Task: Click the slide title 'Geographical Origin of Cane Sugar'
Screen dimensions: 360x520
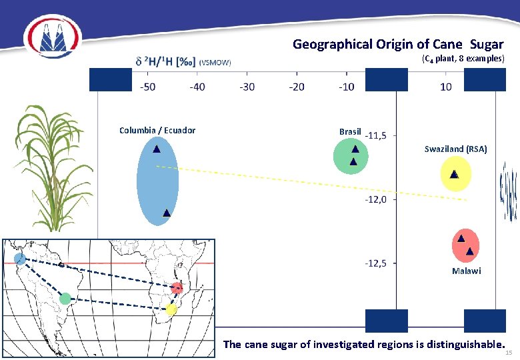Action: point(398,45)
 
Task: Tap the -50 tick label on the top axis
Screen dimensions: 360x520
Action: point(147,87)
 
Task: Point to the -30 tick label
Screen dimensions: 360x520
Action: point(247,87)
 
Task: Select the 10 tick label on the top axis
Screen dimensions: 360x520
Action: point(445,87)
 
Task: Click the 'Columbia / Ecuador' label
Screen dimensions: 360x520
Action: point(157,130)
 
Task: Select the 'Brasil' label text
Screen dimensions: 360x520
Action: point(350,131)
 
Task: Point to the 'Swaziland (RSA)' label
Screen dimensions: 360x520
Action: point(455,149)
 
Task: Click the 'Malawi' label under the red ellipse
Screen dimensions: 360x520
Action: point(466,271)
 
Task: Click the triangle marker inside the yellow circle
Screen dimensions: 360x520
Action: point(453,174)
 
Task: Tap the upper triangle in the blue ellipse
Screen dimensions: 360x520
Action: point(155,149)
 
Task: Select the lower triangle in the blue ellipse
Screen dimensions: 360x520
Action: point(166,213)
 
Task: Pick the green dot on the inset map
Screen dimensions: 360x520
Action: point(65,299)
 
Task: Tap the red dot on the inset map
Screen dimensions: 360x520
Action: point(177,288)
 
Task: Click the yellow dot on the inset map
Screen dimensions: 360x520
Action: point(171,309)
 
